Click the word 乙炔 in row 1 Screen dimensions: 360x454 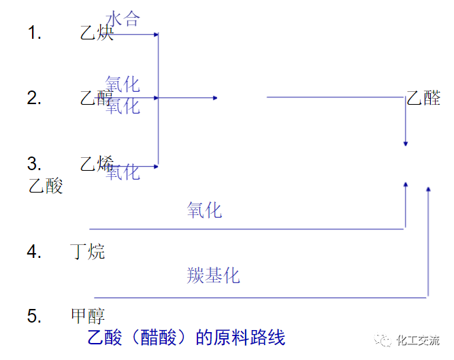click(97, 32)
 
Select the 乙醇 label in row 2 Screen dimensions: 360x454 click(97, 98)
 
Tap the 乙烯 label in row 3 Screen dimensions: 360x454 click(97, 163)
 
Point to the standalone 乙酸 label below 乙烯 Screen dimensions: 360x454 click(46, 185)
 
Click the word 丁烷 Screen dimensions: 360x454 click(88, 252)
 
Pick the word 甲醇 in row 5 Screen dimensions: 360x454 click(88, 316)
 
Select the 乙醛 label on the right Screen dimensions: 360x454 click(423, 98)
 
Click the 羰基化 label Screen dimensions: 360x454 click(213, 276)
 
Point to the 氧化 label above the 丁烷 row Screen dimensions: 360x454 click(204, 210)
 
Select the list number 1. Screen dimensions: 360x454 click(34, 33)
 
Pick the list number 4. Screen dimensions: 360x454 click(34, 252)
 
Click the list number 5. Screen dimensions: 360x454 click(34, 316)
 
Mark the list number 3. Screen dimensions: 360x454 click(34, 163)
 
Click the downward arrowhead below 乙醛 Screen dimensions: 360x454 click(406, 144)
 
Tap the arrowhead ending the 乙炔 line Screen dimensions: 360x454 click(156, 33)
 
